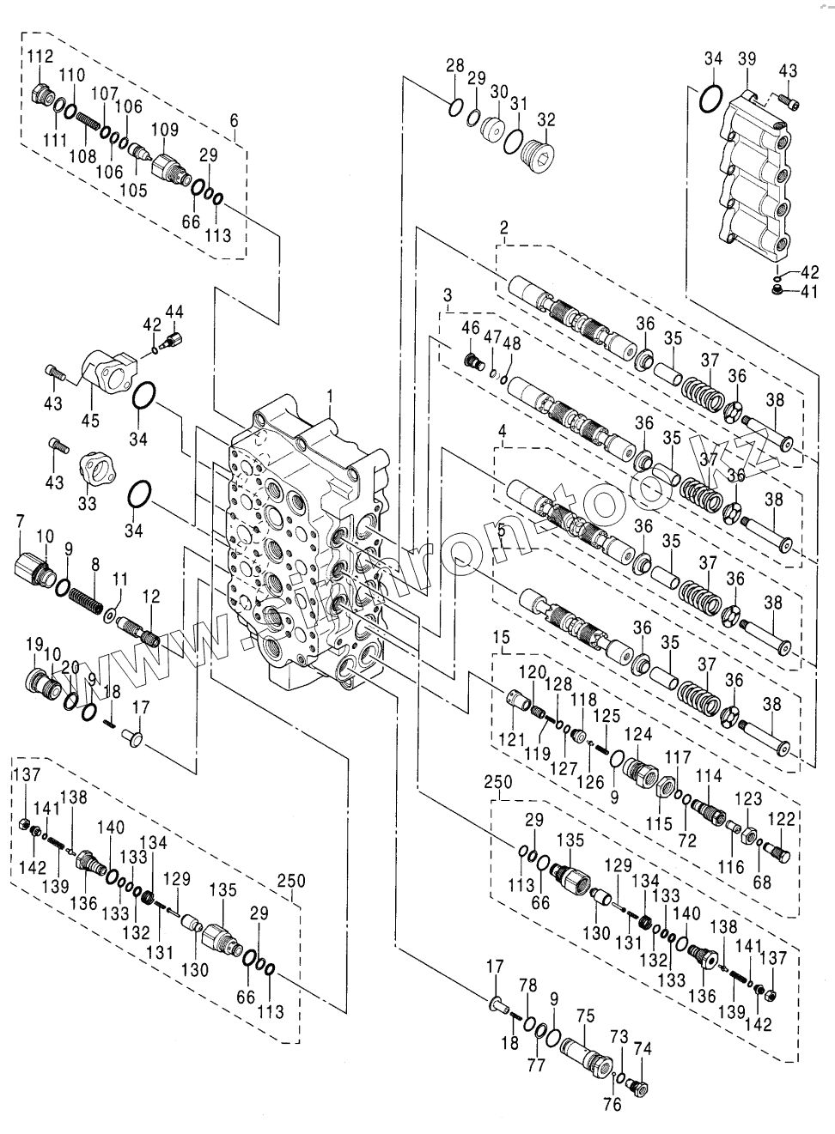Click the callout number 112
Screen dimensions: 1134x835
click(x=40, y=57)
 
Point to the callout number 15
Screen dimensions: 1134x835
click(x=501, y=639)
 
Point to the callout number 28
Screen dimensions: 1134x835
click(x=454, y=65)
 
